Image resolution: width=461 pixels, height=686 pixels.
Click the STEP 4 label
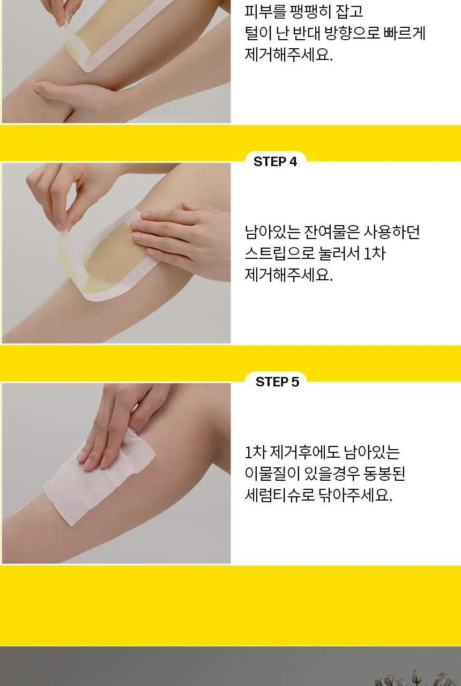click(x=275, y=161)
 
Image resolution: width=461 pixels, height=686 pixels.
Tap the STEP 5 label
click(x=277, y=382)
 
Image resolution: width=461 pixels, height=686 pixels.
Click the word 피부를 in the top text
click(x=265, y=11)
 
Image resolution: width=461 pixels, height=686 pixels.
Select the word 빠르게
click(x=404, y=33)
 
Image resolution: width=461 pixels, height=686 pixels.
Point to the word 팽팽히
click(x=310, y=11)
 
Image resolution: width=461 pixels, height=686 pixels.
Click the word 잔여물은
click(x=331, y=232)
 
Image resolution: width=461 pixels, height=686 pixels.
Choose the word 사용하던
click(x=391, y=232)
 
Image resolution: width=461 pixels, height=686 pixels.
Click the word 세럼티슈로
click(x=280, y=495)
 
